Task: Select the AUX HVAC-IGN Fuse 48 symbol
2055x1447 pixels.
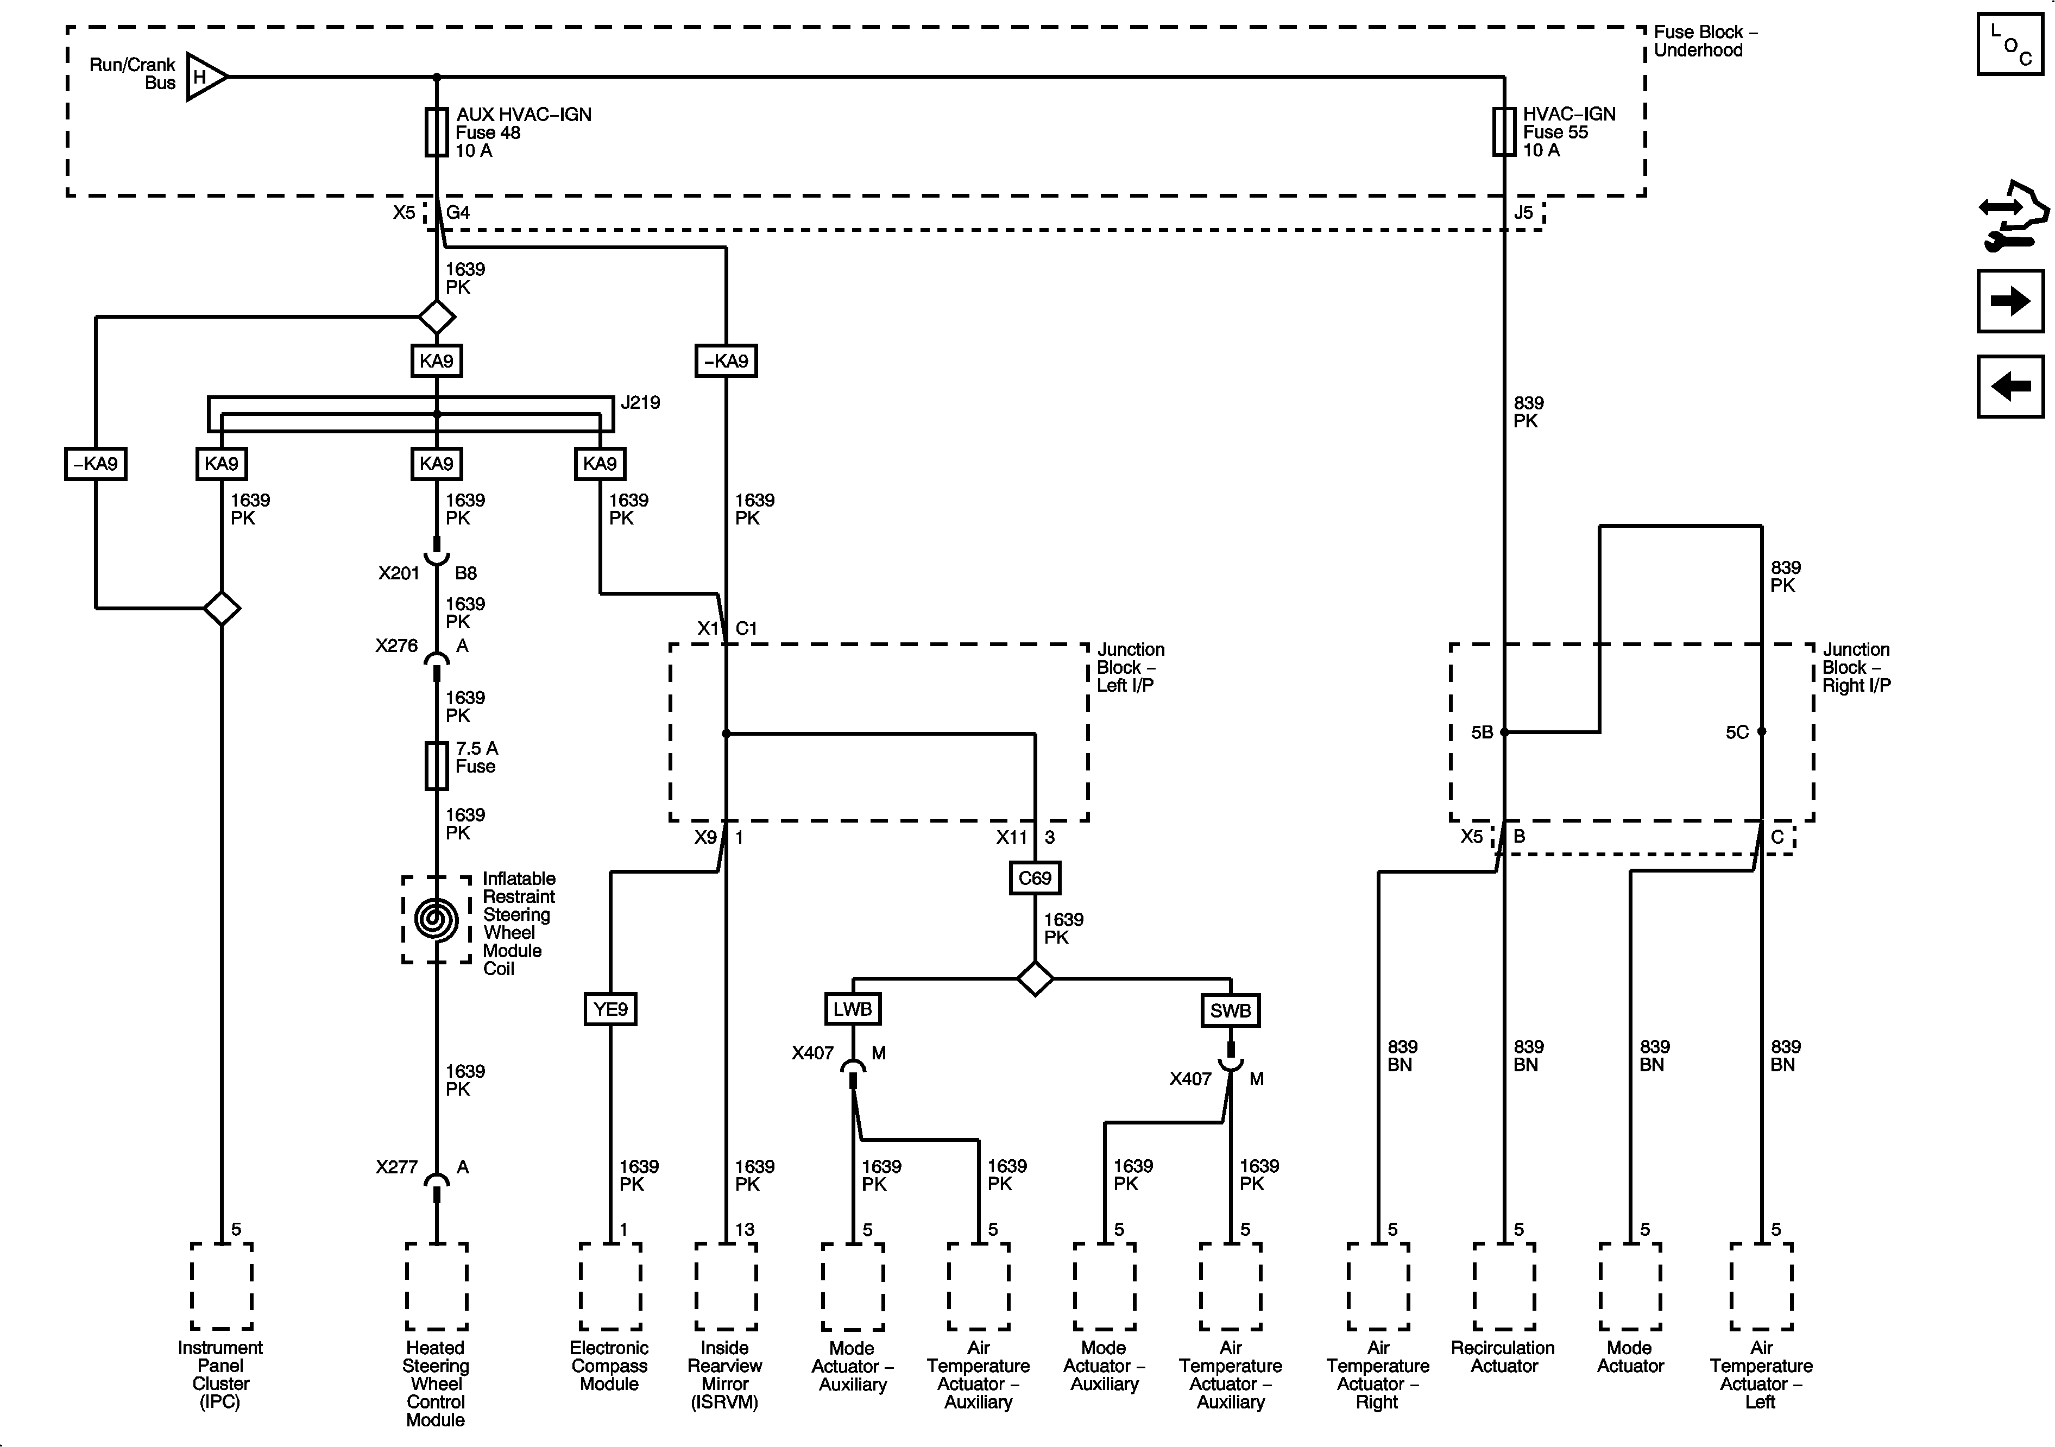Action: click(436, 132)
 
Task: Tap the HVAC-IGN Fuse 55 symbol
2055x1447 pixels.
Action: click(1504, 132)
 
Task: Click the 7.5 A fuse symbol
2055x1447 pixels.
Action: click(436, 766)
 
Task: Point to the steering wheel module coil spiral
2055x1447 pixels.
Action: click(436, 920)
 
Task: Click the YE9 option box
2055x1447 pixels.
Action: click(610, 1009)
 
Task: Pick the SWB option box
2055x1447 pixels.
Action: click(1231, 1010)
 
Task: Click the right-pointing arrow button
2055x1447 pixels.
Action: click(2010, 301)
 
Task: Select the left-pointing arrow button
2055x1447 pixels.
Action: click(2010, 387)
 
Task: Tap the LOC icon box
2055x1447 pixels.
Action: click(2010, 44)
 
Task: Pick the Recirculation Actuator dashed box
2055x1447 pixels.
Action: click(1504, 1286)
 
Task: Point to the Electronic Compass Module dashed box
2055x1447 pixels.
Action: click(610, 1286)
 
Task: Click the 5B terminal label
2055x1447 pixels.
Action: click(1482, 732)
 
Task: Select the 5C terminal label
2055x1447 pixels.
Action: click(1737, 732)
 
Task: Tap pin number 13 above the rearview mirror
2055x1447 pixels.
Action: click(745, 1230)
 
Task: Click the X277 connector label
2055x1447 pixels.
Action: click(396, 1167)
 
